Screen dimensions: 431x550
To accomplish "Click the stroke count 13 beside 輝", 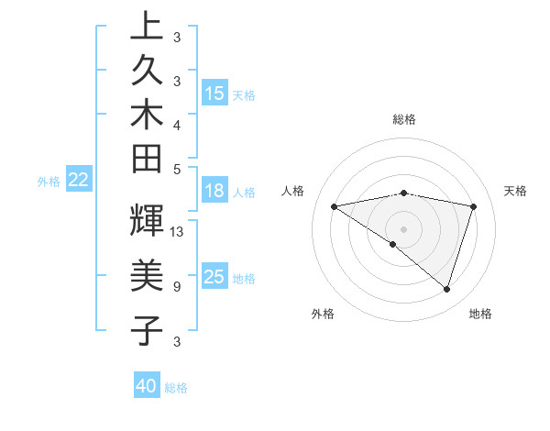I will pyautogui.click(x=178, y=232).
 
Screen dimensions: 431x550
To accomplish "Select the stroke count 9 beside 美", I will pyautogui.click(x=176, y=287).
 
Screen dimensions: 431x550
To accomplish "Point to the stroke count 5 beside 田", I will pyautogui.click(x=176, y=169).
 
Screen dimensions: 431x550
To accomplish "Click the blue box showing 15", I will pyautogui.click(x=214, y=94).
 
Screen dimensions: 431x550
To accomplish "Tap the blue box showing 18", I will pyautogui.click(x=214, y=191).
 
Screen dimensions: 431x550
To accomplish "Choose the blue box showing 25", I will pyautogui.click(x=214, y=277).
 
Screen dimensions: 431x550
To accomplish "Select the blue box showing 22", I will pyautogui.click(x=79, y=180).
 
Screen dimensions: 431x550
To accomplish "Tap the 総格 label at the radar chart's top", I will pyautogui.click(x=404, y=119).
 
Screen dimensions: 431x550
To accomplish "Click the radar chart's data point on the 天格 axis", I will pyautogui.click(x=474, y=207).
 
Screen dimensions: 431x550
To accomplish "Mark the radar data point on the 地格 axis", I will pyautogui.click(x=447, y=290).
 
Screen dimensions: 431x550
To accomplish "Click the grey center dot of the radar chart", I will pyautogui.click(x=404, y=228).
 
